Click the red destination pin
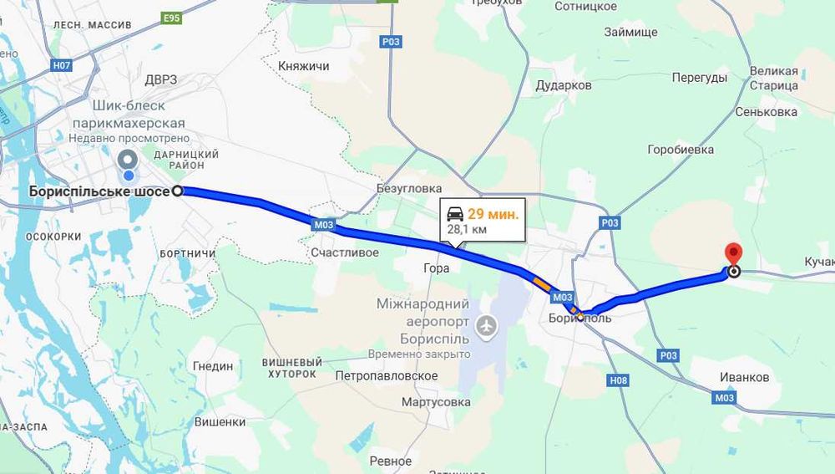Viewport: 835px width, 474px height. click(x=733, y=253)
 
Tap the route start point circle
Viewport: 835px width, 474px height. click(x=178, y=191)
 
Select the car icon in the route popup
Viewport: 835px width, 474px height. click(x=456, y=213)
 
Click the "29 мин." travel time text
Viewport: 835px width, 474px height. click(x=493, y=214)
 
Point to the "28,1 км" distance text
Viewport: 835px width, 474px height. click(x=468, y=229)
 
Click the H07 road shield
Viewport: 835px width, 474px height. click(x=61, y=64)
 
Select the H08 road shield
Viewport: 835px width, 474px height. click(x=618, y=381)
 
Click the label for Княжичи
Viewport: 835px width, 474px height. click(x=304, y=66)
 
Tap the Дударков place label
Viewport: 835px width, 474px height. click(x=564, y=85)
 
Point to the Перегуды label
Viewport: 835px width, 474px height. click(x=700, y=78)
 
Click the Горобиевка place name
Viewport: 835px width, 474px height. click(x=681, y=150)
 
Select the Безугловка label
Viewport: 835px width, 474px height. click(x=409, y=189)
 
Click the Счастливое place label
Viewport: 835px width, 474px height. click(x=344, y=252)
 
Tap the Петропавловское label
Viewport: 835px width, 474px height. click(x=387, y=376)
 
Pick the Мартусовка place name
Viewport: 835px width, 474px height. click(x=436, y=402)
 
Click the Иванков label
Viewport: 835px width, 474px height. click(x=744, y=378)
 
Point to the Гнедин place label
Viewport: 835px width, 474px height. click(x=213, y=366)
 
